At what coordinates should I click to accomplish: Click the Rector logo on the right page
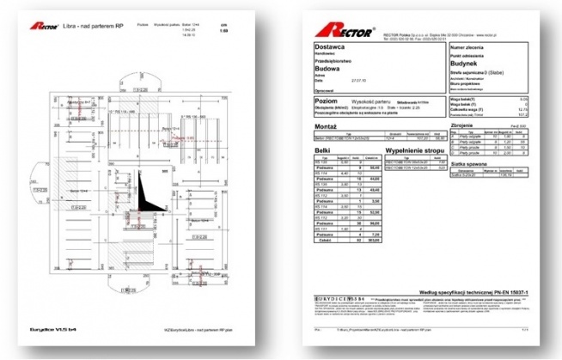coord(350,32)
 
